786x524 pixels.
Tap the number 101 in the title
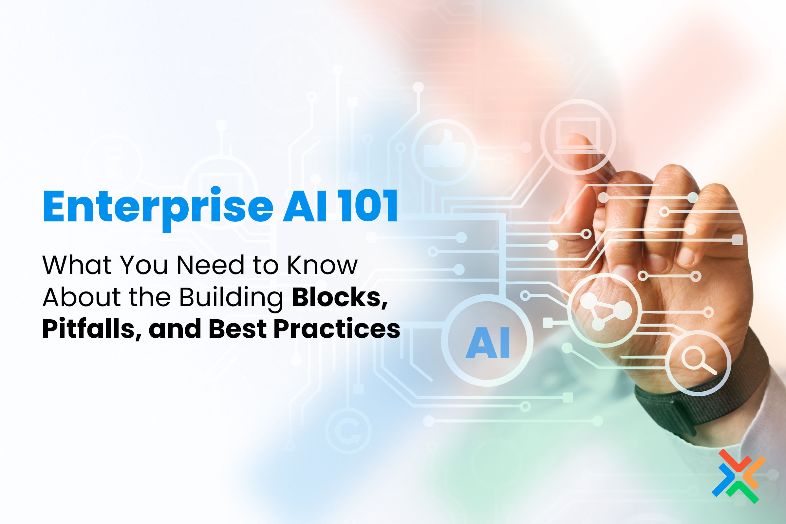pos(367,206)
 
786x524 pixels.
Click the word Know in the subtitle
pos(323,265)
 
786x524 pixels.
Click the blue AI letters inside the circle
pos(488,343)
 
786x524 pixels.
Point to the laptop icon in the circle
pos(578,135)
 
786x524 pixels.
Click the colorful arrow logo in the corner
pos(739,476)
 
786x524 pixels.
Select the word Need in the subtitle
pos(211,265)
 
